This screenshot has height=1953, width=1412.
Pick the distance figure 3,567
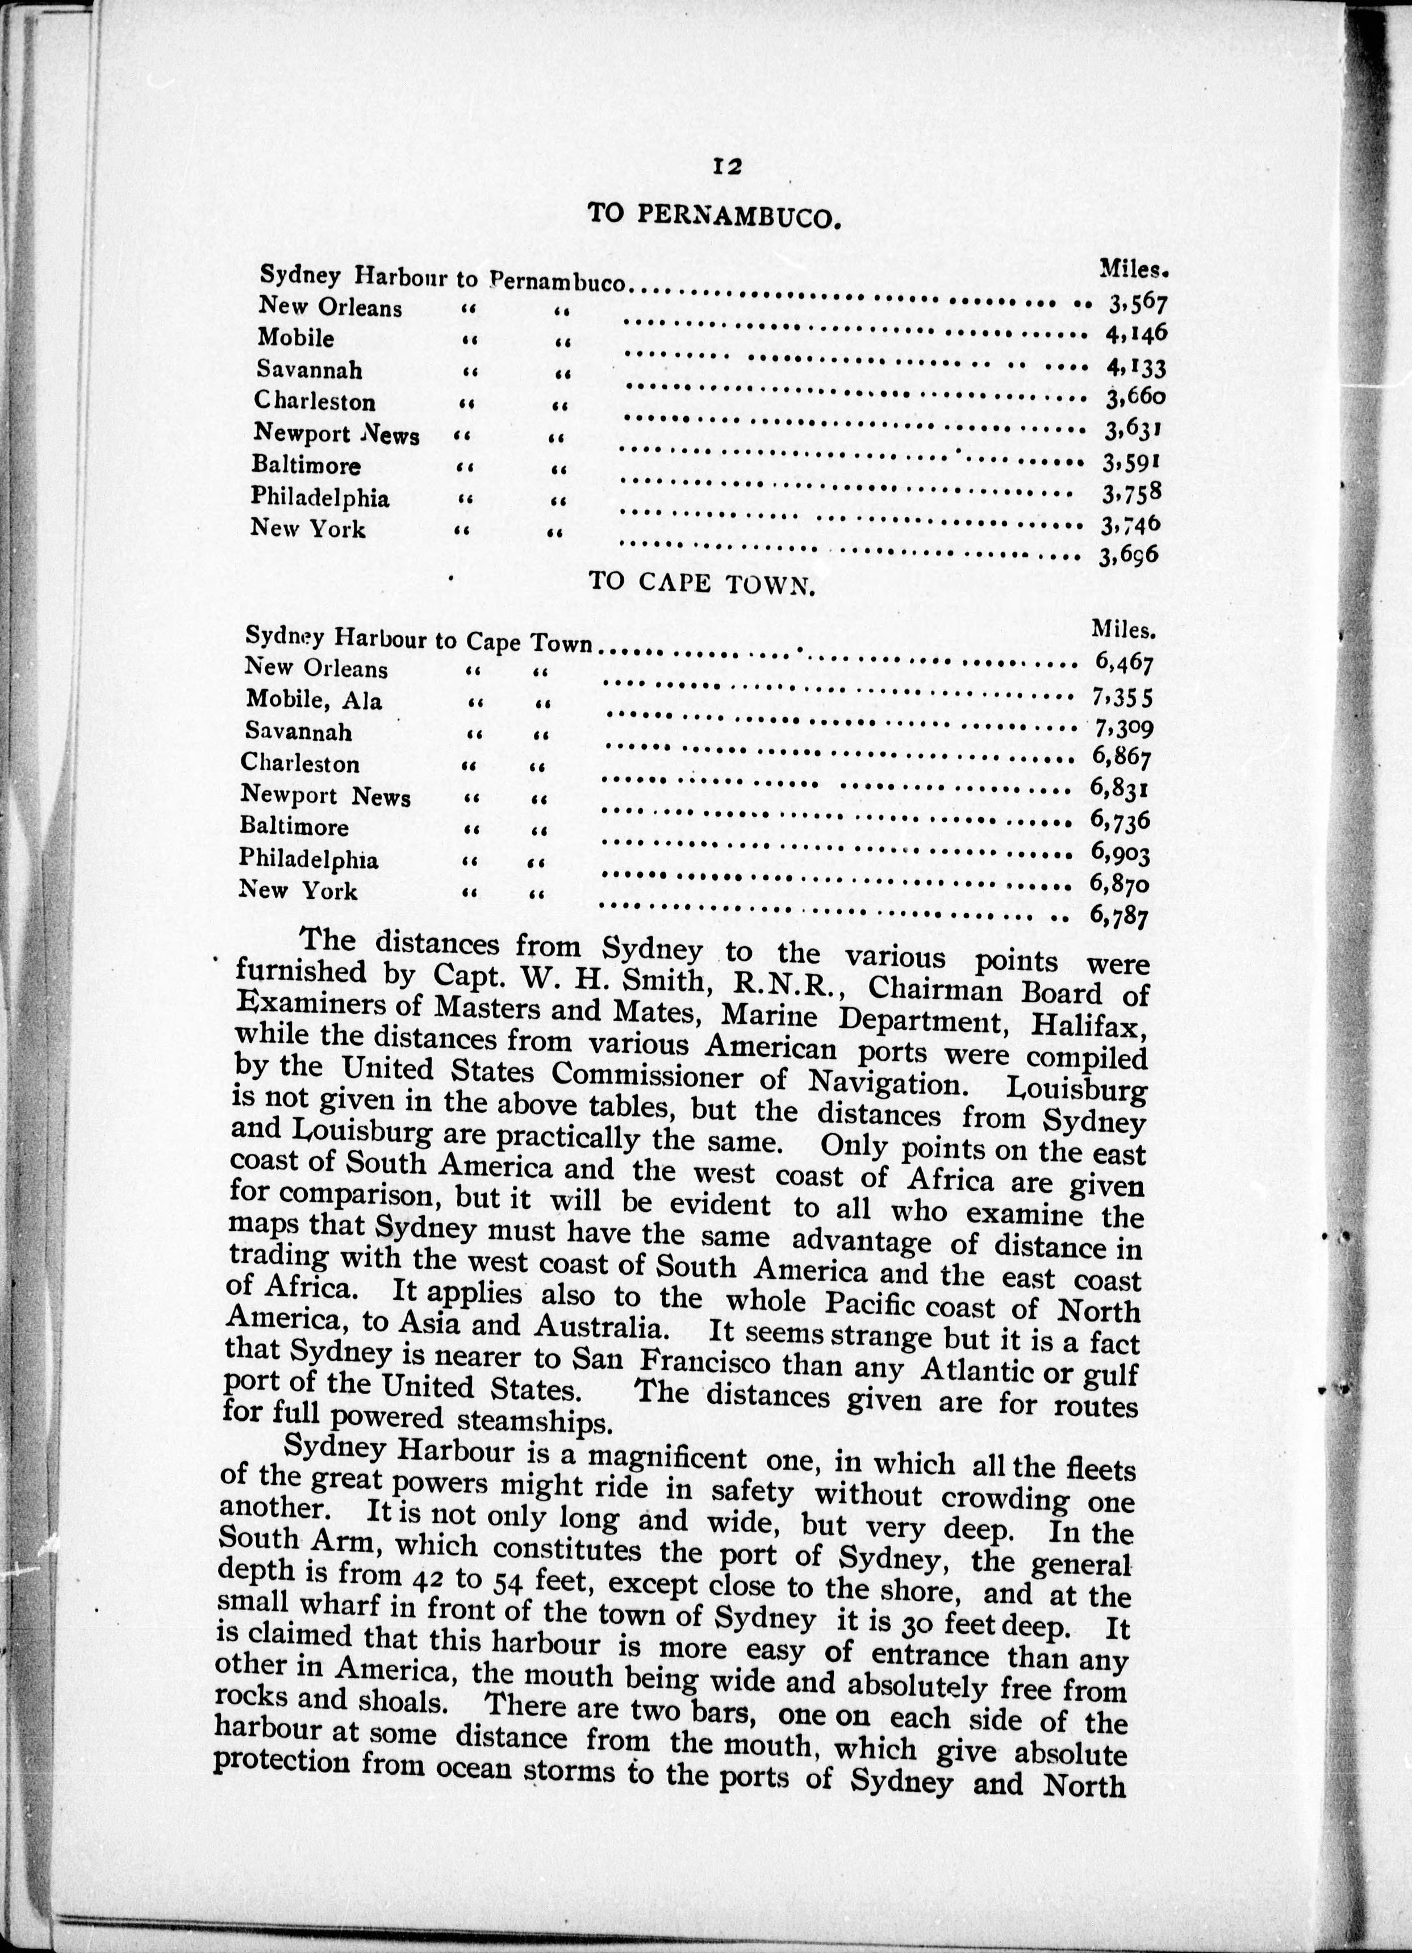[x=1138, y=304]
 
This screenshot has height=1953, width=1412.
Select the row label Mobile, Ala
[x=314, y=700]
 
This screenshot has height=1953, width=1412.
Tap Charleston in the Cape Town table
[x=300, y=764]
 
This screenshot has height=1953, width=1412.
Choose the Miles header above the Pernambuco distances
[x=1134, y=270]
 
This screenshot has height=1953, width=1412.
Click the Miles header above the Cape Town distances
[x=1123, y=630]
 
